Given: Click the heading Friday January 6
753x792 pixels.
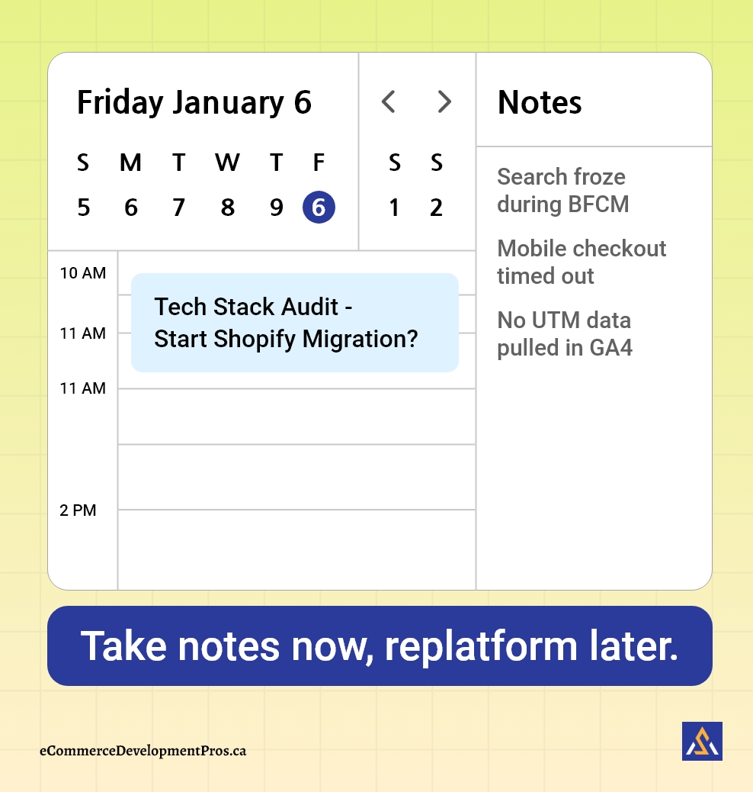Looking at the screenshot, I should pos(194,103).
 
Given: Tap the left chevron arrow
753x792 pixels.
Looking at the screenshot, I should pos(389,101).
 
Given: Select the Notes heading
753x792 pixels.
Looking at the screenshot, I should pos(540,103).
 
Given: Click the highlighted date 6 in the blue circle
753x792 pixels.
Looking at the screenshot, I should pos(319,208).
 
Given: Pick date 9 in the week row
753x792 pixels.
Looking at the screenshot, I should pos(276,208).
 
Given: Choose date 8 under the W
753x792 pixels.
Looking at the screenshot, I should pos(227,208).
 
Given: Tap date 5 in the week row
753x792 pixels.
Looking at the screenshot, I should pos(84,208).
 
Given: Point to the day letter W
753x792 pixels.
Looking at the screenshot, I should pos(227,163).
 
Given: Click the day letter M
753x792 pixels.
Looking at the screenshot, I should pos(130,163).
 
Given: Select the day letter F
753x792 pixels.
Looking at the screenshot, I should pos(319,163).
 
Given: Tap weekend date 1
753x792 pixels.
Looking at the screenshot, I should pos(394,208).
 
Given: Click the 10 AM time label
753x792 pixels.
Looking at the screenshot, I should pos(83,273).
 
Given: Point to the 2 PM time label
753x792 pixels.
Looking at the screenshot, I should pos(79,510).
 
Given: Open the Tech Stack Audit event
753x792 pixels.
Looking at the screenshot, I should pos(294,323).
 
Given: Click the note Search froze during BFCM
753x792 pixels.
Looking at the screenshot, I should pos(562,191).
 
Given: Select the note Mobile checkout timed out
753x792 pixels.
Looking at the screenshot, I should pos(581,262).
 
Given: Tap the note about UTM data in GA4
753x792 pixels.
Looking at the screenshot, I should pos(565,333).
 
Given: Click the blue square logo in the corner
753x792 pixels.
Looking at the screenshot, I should pos(702,741).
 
